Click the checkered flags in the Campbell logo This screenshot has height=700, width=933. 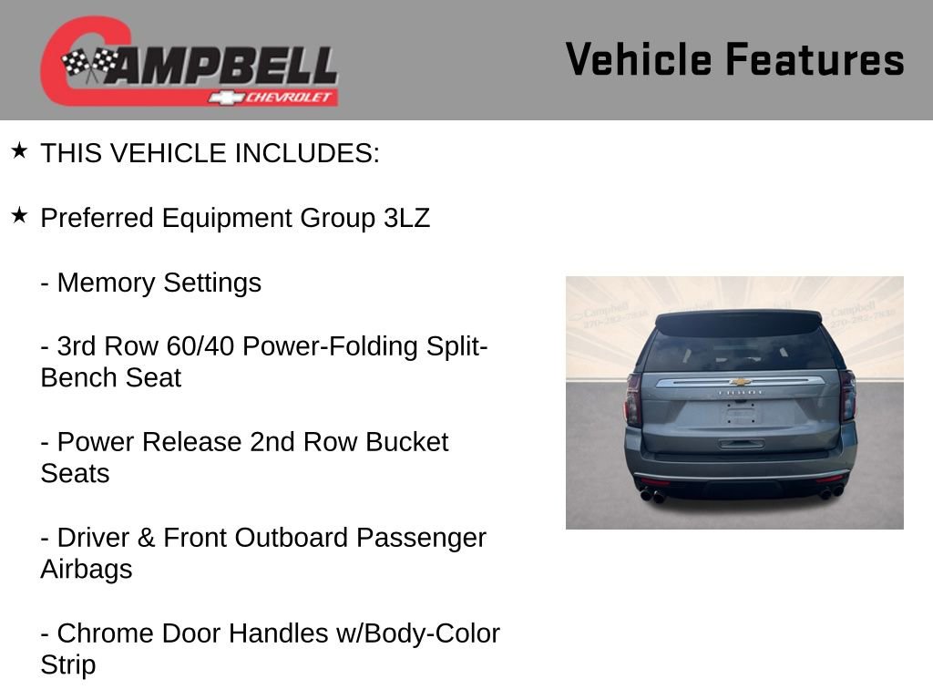90,64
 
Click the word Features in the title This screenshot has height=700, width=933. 815,59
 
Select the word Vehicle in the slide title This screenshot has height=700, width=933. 638,59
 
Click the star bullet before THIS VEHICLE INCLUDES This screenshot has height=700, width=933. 19,150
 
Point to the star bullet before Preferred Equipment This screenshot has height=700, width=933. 19,215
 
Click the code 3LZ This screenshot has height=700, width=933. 406,219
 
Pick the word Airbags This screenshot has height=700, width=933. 87,570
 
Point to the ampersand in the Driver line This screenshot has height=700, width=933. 146,538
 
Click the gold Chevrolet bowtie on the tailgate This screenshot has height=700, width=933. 740,382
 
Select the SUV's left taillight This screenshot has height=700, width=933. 633,399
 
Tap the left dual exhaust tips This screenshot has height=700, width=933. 652,496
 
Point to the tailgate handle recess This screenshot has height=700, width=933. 741,444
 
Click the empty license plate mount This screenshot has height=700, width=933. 741,416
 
